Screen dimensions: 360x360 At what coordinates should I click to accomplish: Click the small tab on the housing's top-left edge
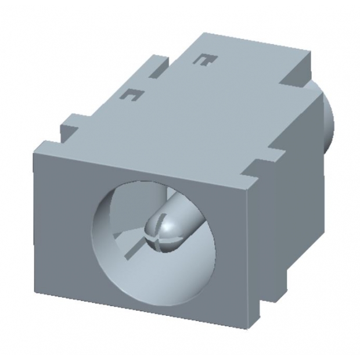(71, 123)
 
